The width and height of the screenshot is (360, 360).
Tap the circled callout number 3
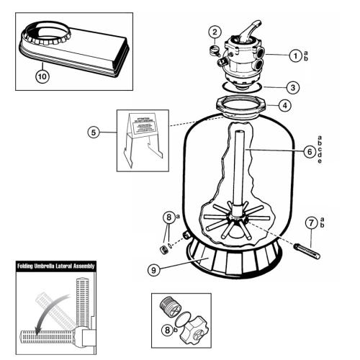click(x=290, y=87)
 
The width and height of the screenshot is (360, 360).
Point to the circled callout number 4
click(x=286, y=105)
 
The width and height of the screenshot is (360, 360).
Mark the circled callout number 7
click(x=311, y=222)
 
